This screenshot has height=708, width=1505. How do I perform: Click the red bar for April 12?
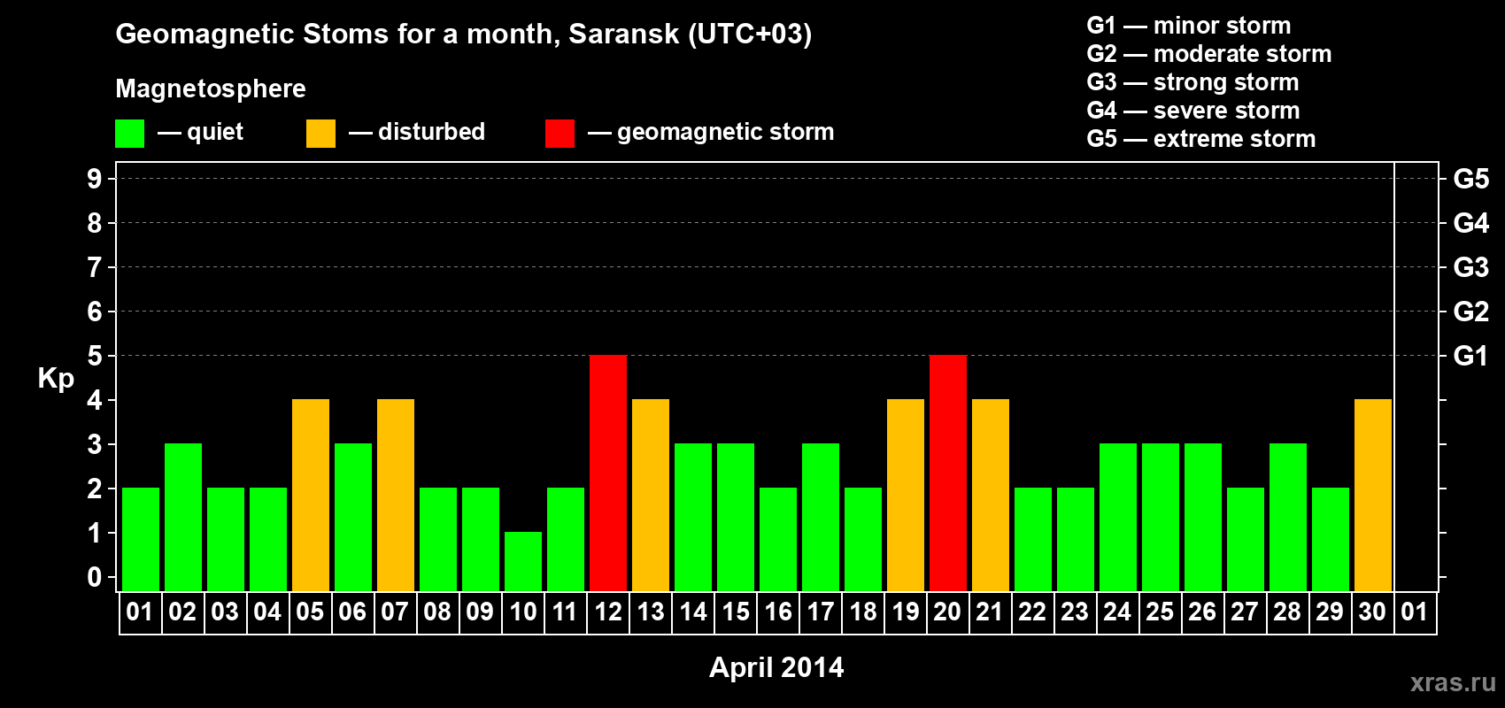(x=608, y=473)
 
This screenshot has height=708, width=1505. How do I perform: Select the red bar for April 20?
(x=948, y=473)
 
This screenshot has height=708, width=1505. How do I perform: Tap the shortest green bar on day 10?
(x=523, y=562)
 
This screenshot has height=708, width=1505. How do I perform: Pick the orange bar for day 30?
(x=1372, y=495)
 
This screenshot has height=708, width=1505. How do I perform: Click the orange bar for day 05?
(x=311, y=495)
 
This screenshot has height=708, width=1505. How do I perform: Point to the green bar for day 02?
(x=183, y=517)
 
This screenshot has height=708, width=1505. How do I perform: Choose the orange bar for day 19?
(x=906, y=495)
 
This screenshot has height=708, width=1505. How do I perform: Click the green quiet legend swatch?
(x=129, y=133)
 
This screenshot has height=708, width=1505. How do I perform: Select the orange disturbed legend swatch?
(x=320, y=133)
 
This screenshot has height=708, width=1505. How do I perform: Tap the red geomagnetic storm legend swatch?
(x=560, y=133)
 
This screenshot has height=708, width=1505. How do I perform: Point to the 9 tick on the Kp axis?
(x=94, y=179)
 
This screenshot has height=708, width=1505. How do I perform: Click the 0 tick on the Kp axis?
(x=94, y=577)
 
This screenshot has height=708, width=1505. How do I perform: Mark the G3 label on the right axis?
(x=1470, y=267)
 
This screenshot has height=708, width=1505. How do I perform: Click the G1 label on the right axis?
(x=1470, y=356)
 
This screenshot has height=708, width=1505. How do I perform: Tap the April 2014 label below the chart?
(x=776, y=667)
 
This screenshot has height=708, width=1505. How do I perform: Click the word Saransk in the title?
(x=623, y=34)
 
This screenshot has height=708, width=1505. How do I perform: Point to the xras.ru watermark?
(x=1453, y=682)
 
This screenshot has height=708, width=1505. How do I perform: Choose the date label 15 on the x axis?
(x=735, y=612)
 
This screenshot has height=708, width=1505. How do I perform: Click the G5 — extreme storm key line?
(x=1200, y=139)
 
